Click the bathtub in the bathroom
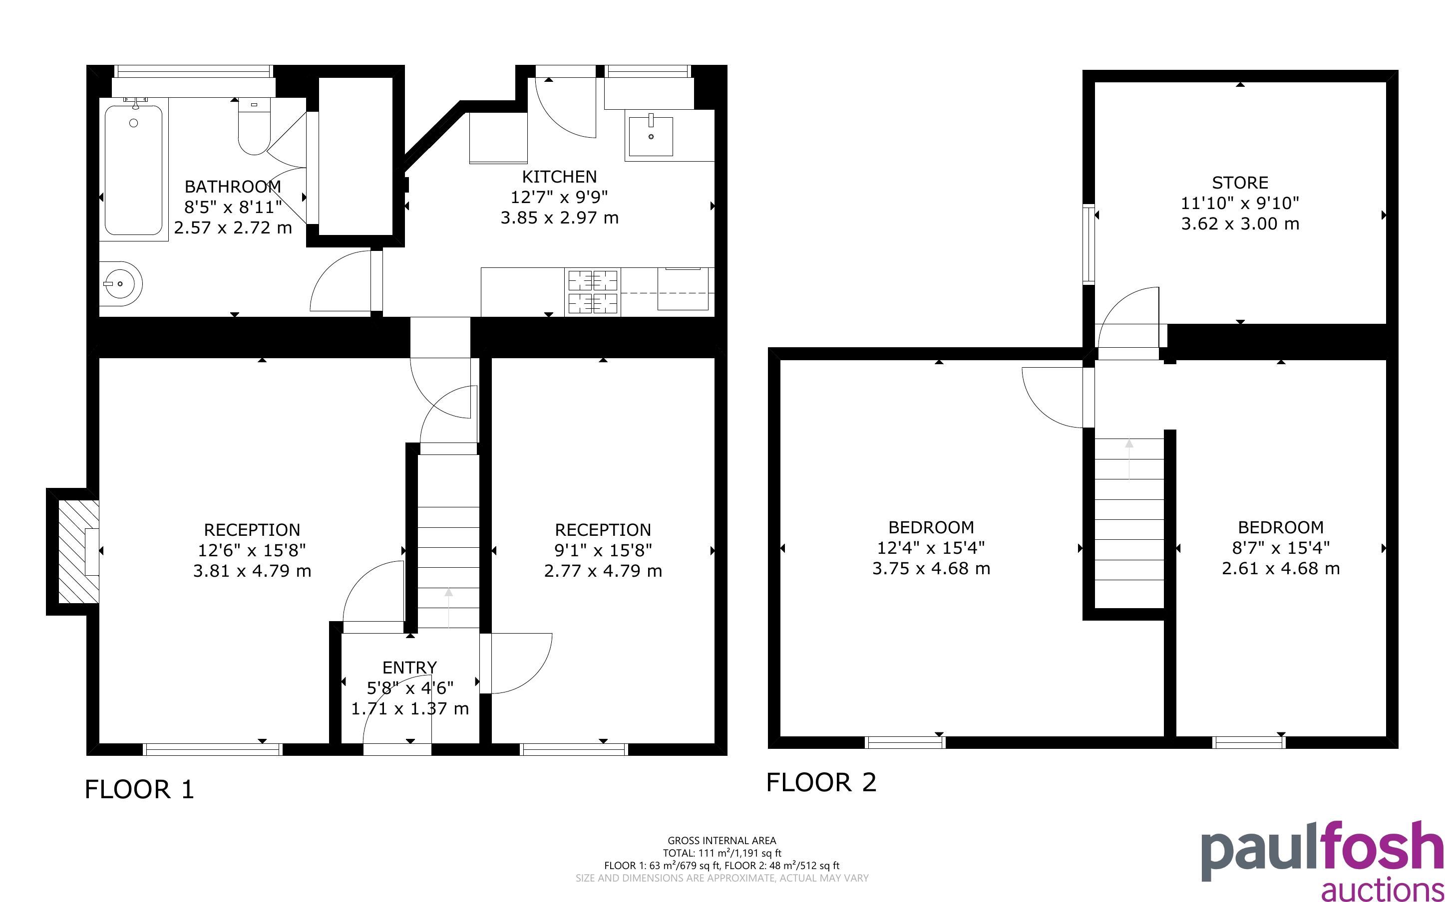[x=134, y=170]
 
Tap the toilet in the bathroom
[x=254, y=127]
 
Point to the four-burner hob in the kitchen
[x=593, y=292]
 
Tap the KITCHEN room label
[x=559, y=177]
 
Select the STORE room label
[x=1240, y=183]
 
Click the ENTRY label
[x=409, y=667]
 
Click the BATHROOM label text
[x=233, y=187]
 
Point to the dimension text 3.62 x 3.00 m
[x=1240, y=224]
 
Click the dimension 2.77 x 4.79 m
[x=603, y=571]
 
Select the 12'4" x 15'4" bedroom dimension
[x=931, y=548]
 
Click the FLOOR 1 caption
[x=140, y=789]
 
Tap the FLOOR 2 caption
[x=821, y=782]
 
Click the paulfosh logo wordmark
[x=1322, y=852]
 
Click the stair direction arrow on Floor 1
[x=448, y=609]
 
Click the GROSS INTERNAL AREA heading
[x=722, y=841]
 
